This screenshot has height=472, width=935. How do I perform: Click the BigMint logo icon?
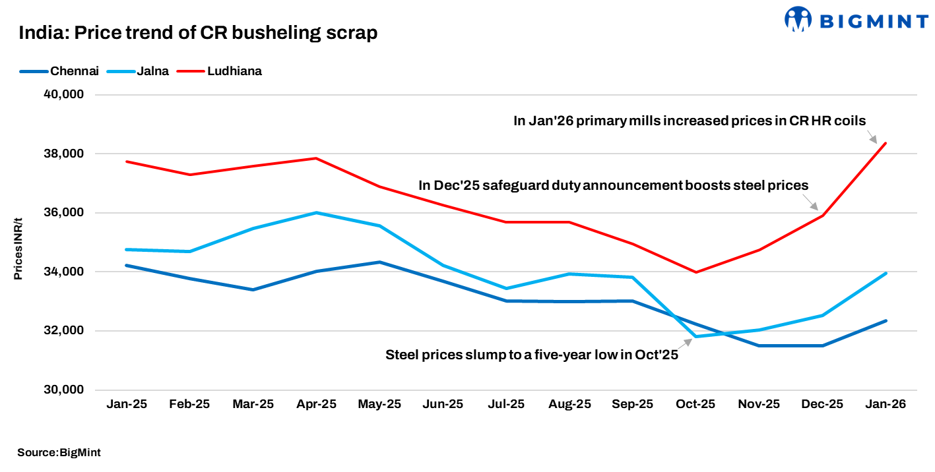tap(798, 19)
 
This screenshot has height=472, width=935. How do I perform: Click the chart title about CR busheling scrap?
tap(198, 33)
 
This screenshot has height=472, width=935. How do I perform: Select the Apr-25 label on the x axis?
tap(317, 404)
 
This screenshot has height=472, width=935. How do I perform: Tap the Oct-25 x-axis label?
tap(695, 404)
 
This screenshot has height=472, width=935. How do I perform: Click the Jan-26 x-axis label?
tap(886, 404)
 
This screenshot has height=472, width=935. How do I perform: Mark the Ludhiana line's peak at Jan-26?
tap(886, 143)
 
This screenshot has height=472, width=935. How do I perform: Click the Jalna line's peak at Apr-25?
tap(317, 213)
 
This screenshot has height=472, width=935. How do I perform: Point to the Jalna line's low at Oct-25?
tap(695, 337)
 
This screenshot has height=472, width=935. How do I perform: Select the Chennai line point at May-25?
tap(379, 262)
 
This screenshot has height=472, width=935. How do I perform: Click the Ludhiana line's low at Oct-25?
tap(695, 272)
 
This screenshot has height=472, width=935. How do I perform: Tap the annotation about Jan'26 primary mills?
tap(690, 121)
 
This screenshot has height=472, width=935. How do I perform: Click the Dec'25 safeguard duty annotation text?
tap(613, 186)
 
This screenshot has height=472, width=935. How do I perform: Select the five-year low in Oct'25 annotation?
tap(531, 355)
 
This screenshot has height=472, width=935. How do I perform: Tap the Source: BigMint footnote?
tap(59, 452)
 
